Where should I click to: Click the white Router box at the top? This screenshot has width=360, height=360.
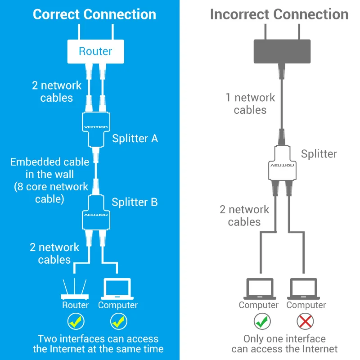[x=95, y=51]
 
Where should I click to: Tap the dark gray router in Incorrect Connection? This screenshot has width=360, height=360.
[x=282, y=51]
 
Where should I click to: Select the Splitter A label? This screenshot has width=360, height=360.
[x=135, y=138]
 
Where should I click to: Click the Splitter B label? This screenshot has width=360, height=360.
[x=135, y=202]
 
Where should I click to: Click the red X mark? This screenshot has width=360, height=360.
[x=306, y=321]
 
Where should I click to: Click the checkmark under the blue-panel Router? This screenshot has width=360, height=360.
[x=76, y=321]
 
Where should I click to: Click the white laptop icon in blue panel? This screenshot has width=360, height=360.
[x=117, y=289]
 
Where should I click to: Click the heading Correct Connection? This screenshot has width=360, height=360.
[x=94, y=14]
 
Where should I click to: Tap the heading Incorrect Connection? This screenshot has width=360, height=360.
[x=279, y=14]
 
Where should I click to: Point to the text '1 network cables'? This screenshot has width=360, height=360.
[x=250, y=104]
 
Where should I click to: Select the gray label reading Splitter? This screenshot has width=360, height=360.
[x=319, y=154]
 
